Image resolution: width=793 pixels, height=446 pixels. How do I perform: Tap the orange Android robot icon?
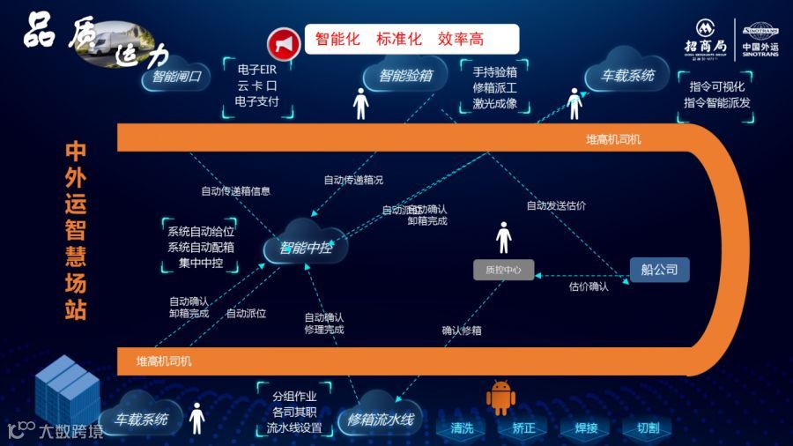pyautogui.click(x=500, y=398)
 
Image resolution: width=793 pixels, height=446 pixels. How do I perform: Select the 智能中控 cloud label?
pyautogui.click(x=306, y=248)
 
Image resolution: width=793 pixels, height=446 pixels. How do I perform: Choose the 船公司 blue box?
pyautogui.click(x=659, y=270)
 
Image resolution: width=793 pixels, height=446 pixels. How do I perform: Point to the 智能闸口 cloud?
pyautogui.click(x=176, y=77)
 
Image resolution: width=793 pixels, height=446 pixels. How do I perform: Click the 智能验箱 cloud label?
pyautogui.click(x=405, y=76)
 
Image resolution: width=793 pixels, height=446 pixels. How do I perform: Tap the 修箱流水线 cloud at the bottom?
pyautogui.click(x=381, y=420)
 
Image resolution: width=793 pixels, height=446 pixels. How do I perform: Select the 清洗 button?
pyautogui.click(x=463, y=428)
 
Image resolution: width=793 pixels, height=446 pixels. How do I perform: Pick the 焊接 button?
pyautogui.click(x=586, y=428)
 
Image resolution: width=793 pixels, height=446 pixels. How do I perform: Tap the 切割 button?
pyautogui.click(x=648, y=428)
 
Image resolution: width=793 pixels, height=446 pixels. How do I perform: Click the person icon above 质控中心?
pyautogui.click(x=503, y=237)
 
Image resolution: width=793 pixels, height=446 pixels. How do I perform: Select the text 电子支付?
pyautogui.click(x=257, y=101)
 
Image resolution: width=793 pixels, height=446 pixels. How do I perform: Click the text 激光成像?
pyautogui.click(x=494, y=103)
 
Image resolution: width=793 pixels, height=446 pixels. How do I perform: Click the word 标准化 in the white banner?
pyautogui.click(x=399, y=40)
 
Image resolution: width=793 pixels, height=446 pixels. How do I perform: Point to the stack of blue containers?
pyautogui.click(x=67, y=392)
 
